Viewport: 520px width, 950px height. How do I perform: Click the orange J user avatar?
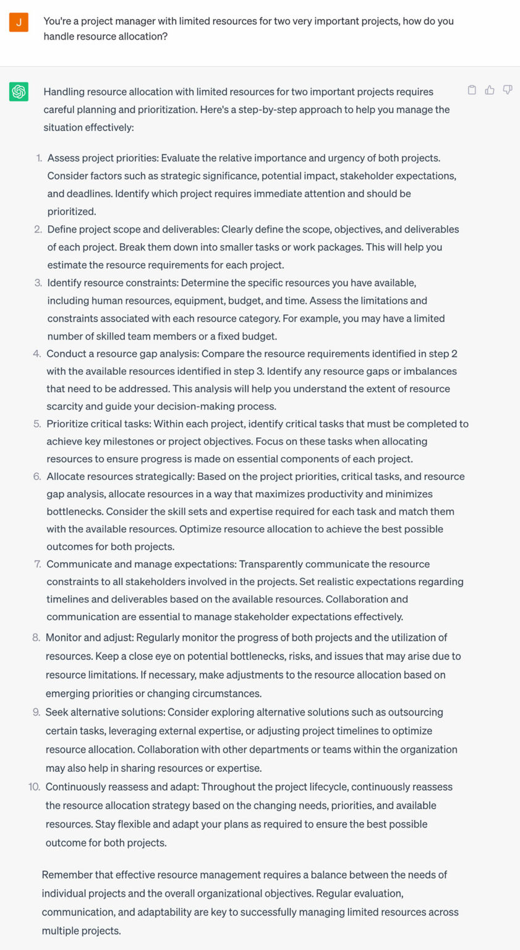19,22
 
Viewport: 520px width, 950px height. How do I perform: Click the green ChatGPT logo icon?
19,92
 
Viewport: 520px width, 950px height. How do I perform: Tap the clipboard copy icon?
472,90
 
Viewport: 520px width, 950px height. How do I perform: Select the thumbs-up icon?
490,90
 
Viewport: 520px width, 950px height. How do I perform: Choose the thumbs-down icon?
508,90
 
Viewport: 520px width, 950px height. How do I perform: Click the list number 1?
39,158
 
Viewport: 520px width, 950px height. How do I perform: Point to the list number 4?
37,354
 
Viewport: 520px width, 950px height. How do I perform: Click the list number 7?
38,564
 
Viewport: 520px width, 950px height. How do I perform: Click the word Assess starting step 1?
63,158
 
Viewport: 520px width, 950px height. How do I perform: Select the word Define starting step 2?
62,229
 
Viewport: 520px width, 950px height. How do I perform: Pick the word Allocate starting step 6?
66,476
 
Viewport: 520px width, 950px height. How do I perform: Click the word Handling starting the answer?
64,92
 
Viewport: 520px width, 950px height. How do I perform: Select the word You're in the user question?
58,21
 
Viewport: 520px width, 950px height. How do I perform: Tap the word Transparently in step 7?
273,564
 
